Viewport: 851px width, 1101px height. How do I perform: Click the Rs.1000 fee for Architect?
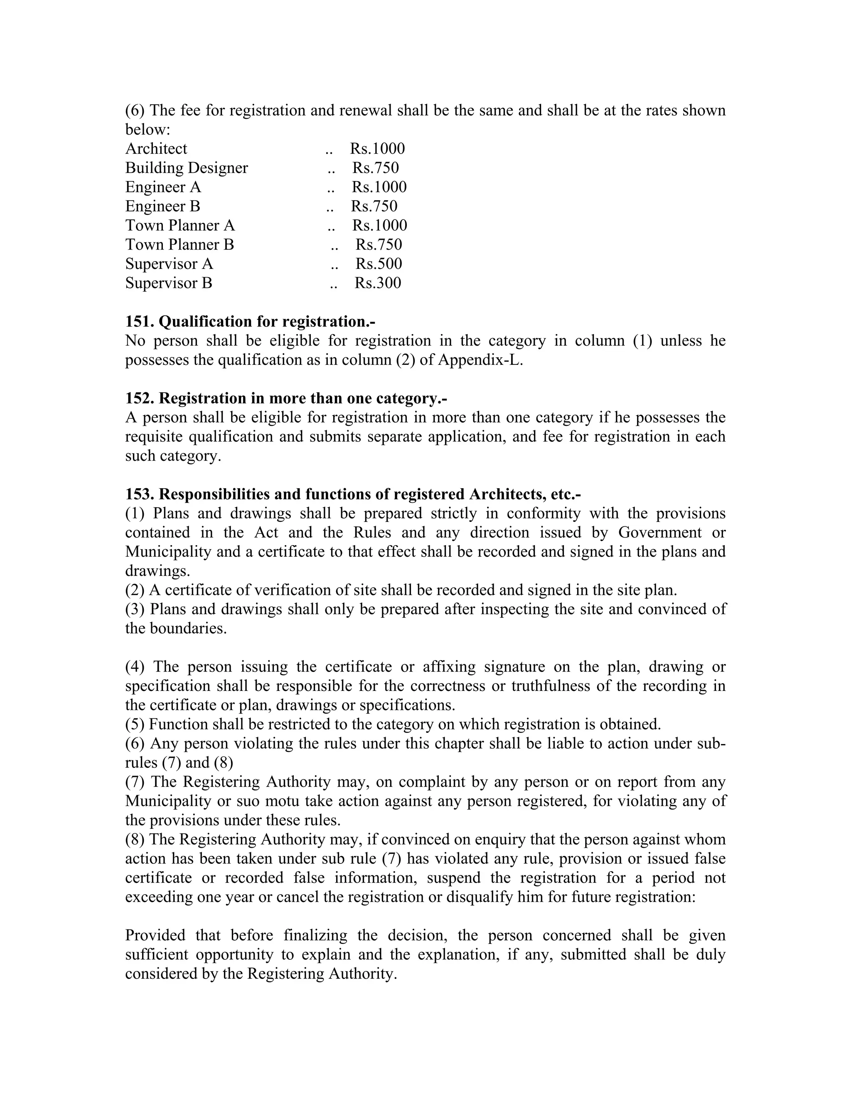377,149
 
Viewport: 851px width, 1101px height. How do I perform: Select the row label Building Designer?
187,168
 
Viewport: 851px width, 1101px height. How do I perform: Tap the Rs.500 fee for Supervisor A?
379,264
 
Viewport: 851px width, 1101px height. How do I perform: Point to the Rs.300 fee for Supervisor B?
378,283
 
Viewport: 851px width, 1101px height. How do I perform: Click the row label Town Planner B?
180,244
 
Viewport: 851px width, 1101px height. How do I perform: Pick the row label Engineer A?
163,187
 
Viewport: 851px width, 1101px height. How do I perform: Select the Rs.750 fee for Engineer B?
374,206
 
